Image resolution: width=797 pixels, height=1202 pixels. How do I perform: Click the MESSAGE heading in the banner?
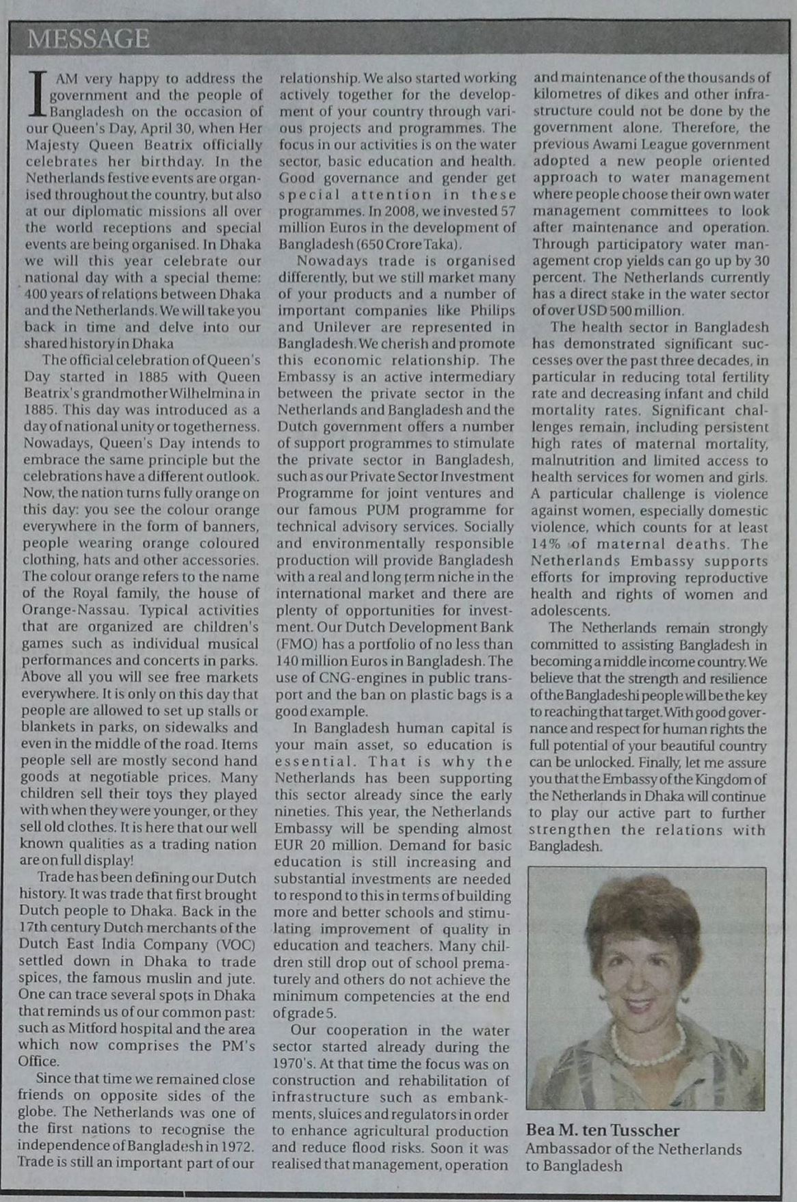click(88, 40)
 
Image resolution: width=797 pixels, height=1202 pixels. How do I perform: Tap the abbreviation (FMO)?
click(295, 644)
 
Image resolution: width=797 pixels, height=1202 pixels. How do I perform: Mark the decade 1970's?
click(293, 1064)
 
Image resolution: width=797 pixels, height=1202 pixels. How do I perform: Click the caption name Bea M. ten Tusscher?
click(602, 1130)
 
